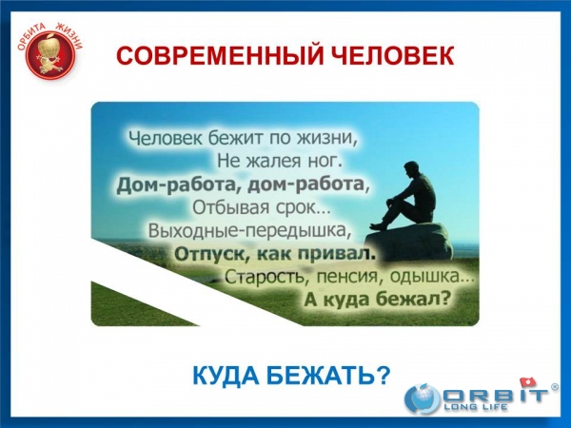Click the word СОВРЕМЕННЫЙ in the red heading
point(220,56)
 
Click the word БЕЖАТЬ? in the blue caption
point(329,375)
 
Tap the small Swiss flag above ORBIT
point(528,382)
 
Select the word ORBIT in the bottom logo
point(495,394)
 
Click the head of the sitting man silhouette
point(410,168)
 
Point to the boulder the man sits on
point(408,243)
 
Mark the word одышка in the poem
point(429,278)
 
